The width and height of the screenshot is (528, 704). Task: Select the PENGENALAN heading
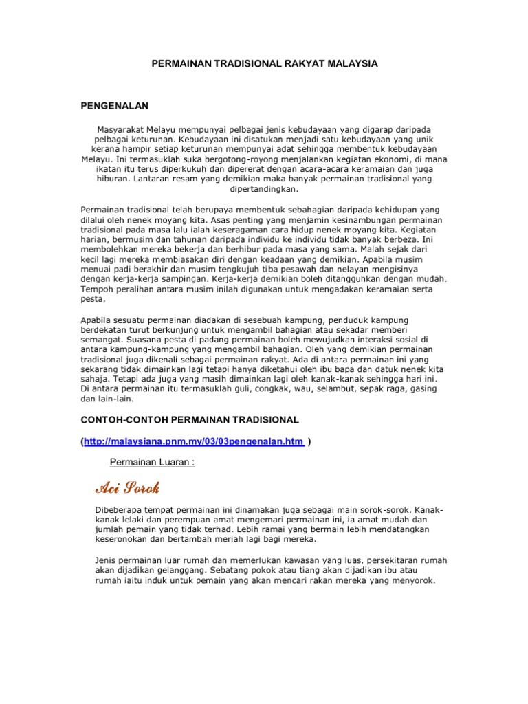click(115, 105)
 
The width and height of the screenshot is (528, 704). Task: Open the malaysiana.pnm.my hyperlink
click(195, 441)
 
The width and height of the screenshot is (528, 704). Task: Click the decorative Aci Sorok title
click(127, 489)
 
